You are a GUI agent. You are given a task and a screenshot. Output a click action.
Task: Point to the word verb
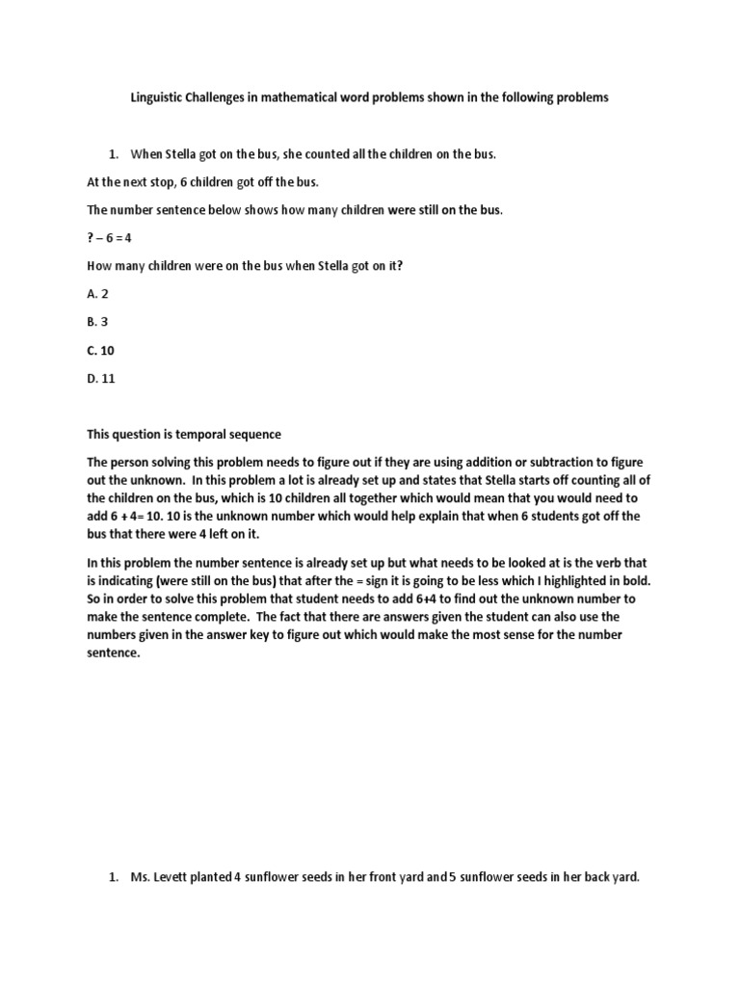pos(601,563)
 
